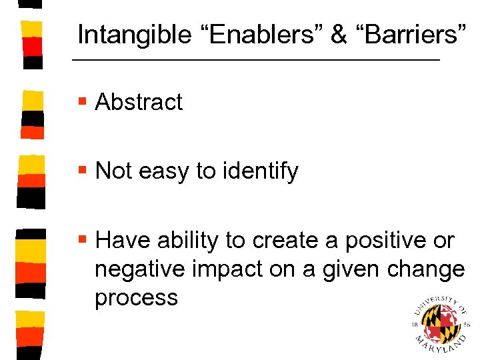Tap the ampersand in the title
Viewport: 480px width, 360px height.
pyautogui.click(x=339, y=35)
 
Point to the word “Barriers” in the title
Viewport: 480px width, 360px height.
pyautogui.click(x=411, y=35)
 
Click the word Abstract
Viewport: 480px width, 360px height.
pyautogui.click(x=139, y=102)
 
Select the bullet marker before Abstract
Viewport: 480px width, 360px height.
pyautogui.click(x=82, y=102)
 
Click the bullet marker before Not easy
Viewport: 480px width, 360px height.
pyautogui.click(x=82, y=171)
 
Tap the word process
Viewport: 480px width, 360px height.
pyautogui.click(x=136, y=298)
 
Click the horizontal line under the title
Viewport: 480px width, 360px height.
pyautogui.click(x=256, y=61)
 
